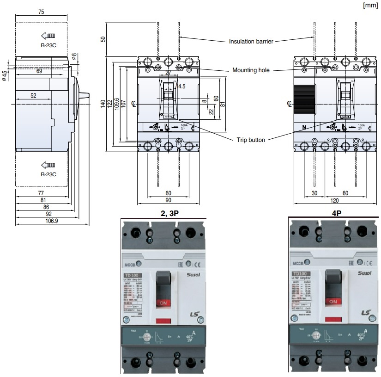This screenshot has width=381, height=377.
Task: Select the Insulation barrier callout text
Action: (251, 41)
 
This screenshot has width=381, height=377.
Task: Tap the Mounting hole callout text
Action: (251, 70)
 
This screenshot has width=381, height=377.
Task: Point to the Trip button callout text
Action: (251, 140)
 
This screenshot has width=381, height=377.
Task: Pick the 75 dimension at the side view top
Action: (41, 12)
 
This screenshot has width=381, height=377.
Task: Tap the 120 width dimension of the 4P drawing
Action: (334, 200)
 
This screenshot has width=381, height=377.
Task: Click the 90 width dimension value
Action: (168, 200)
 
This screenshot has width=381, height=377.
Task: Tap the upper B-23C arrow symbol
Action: (48, 36)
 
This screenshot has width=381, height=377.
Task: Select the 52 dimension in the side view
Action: (33, 96)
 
